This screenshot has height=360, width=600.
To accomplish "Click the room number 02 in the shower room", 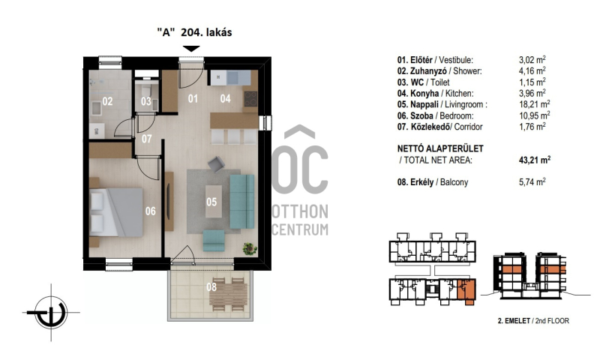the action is [x=107, y=101].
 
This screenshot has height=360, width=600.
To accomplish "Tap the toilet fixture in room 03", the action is [x=145, y=90].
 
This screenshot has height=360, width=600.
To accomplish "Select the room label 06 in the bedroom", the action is [x=151, y=211].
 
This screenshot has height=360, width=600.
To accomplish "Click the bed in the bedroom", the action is [x=116, y=212].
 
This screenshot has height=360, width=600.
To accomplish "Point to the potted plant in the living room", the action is [x=250, y=249].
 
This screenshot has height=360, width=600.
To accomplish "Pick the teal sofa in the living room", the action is [x=241, y=201].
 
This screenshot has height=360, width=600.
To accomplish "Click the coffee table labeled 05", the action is [x=214, y=202].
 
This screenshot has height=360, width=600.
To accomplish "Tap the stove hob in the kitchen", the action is [x=250, y=99].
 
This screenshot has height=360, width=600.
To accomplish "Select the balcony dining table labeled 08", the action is [x=229, y=294].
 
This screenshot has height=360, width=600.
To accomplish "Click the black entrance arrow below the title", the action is [x=191, y=49].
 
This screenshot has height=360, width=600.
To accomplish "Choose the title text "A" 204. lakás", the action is [x=194, y=32].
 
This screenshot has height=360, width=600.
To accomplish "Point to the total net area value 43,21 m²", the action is [x=535, y=160].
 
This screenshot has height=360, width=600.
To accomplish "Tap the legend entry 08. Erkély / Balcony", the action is [x=433, y=182].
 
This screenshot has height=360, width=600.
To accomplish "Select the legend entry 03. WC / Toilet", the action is [x=423, y=82].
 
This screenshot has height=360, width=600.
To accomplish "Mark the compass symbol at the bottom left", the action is [x=51, y=312].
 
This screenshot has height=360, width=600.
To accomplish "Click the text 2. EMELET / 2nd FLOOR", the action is [x=533, y=321].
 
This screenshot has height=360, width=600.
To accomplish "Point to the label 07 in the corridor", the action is [x=146, y=139].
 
